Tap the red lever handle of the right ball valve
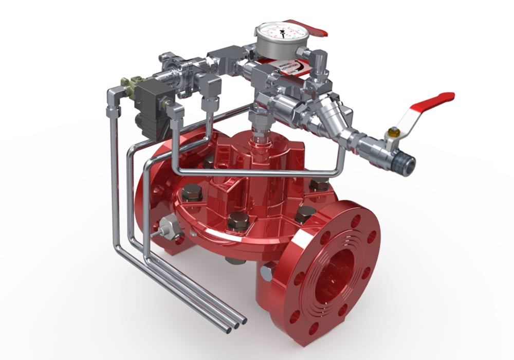point(434,100)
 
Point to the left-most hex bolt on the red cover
point(191,192)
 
